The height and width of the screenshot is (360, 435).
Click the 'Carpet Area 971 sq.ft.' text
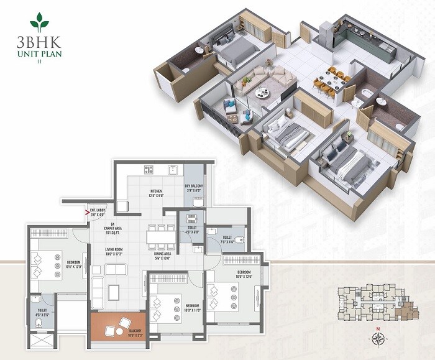point(113,227)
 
